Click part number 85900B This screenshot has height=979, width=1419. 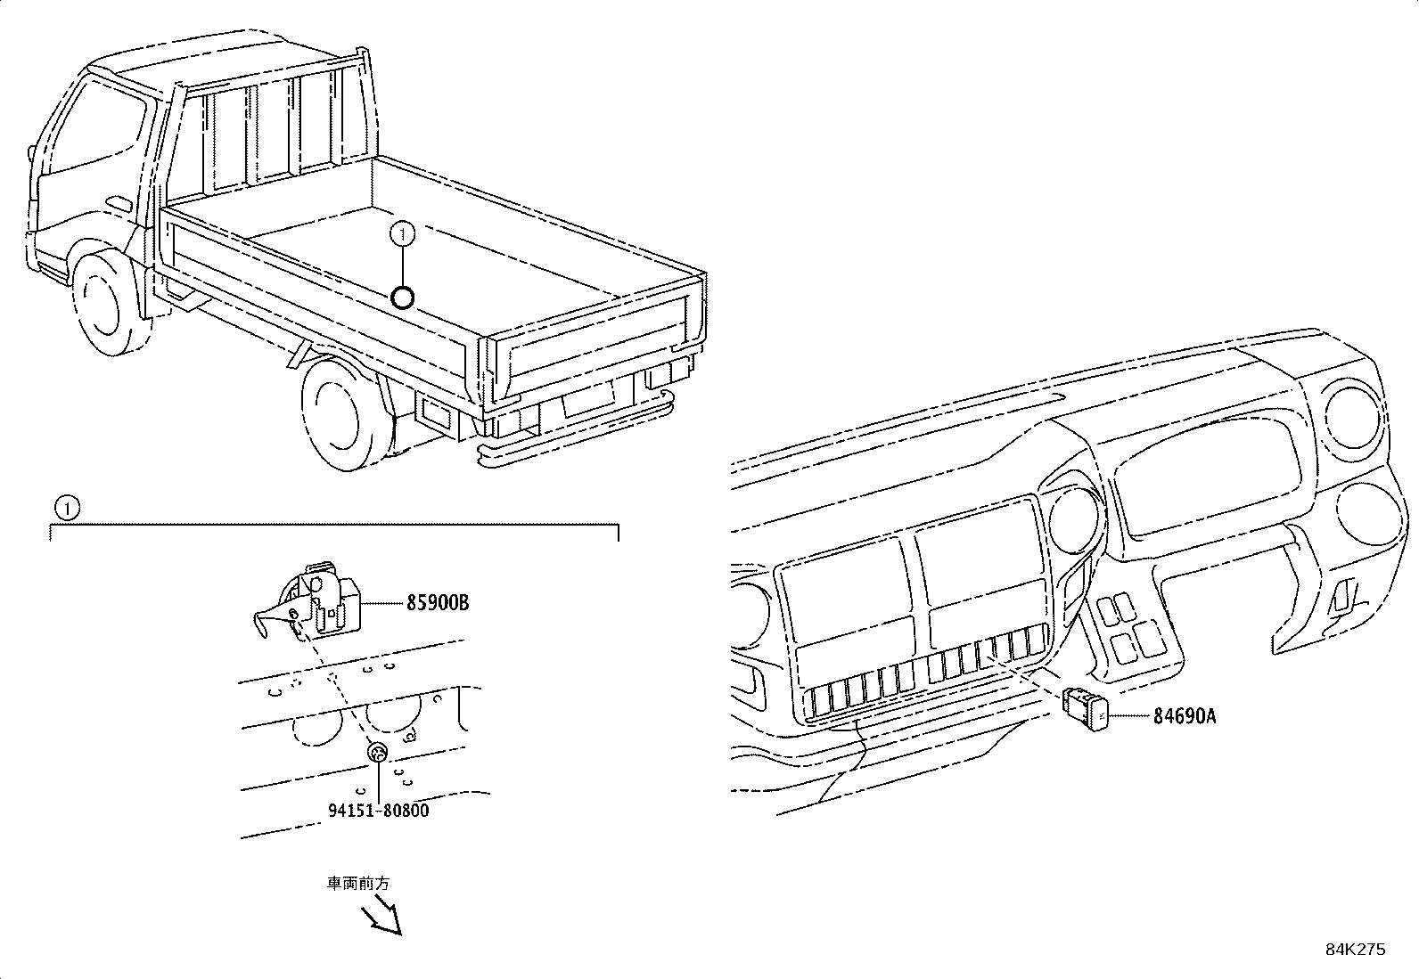coord(437,603)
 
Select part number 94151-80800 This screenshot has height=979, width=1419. coord(377,811)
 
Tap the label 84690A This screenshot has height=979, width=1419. coord(1184,715)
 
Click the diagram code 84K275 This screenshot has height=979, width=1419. coord(1355,950)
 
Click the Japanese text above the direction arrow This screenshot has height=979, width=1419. coord(357,884)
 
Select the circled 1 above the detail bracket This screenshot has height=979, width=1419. coord(66,508)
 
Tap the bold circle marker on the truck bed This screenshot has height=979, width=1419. coord(403,297)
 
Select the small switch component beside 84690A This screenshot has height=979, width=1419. coord(1085,710)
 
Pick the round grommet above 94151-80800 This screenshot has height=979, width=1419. coord(378,754)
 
